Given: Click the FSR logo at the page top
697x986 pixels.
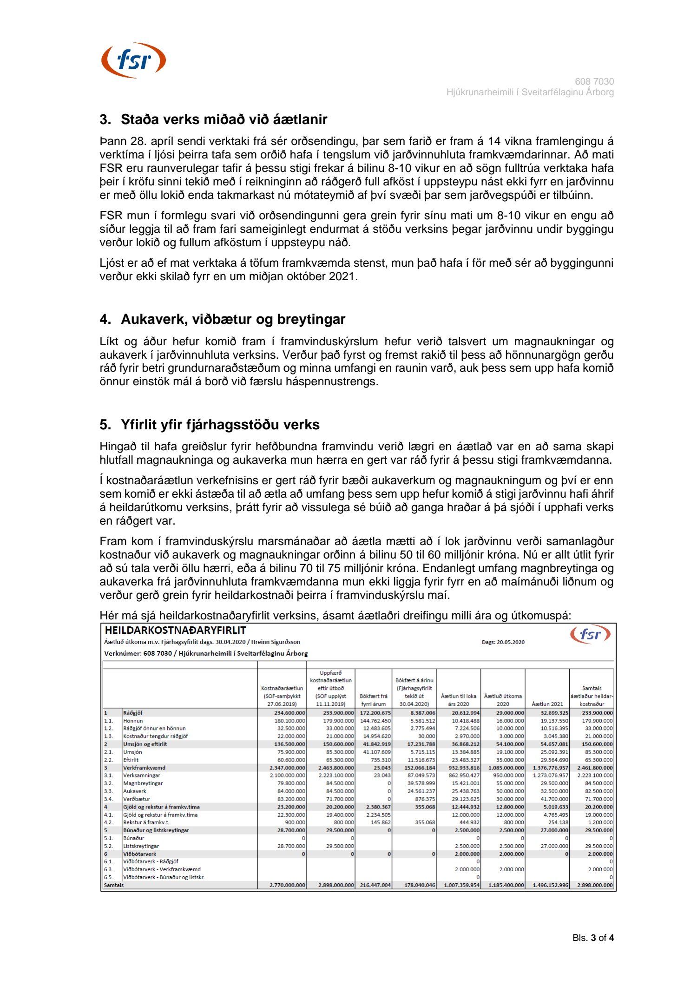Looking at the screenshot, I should coord(133,60).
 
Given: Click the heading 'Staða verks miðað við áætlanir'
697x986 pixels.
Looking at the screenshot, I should coord(224,119).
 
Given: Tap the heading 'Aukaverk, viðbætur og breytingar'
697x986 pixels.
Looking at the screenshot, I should coord(233,319).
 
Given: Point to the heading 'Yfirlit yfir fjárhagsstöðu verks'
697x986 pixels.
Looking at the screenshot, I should coord(220,425).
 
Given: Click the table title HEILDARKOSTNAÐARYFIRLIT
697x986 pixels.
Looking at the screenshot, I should coord(175,631).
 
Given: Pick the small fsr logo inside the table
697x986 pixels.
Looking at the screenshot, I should coord(590,634).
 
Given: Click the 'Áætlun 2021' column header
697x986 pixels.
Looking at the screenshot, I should coord(547,704).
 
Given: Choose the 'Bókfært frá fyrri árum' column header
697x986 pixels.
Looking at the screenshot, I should coord(373,700).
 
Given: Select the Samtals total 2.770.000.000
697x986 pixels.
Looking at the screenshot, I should coord(287,885).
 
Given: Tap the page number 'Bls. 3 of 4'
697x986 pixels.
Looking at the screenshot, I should coord(593,938).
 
